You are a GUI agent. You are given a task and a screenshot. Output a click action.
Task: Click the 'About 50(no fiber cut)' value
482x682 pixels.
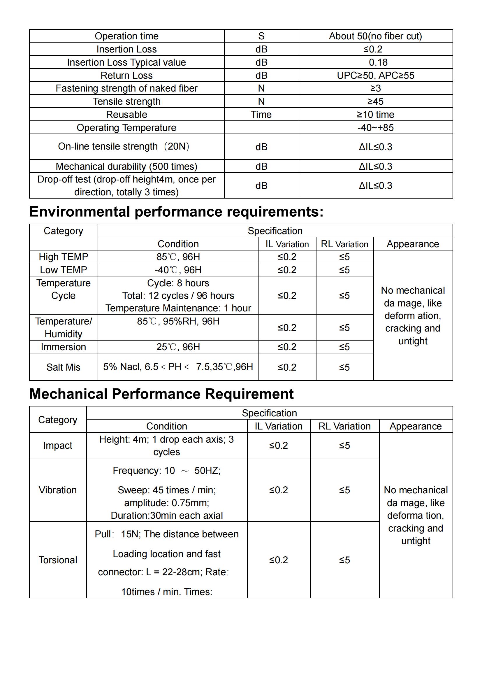point(375,36)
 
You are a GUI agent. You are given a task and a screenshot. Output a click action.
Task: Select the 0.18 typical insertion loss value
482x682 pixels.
point(378,62)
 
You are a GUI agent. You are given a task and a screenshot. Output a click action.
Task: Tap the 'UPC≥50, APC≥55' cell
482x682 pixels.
point(375,76)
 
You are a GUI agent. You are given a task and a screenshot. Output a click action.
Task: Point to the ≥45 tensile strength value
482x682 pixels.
point(375,101)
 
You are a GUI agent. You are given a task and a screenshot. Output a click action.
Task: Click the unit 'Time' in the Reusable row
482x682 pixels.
point(261,115)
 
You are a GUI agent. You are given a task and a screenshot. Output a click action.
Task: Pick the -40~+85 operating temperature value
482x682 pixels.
point(375,128)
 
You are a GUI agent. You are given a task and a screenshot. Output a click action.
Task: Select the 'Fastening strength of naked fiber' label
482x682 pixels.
point(126,89)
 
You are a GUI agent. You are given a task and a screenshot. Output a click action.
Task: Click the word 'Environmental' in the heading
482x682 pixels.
point(80,212)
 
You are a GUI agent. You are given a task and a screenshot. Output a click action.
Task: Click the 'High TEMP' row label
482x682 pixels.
point(64,257)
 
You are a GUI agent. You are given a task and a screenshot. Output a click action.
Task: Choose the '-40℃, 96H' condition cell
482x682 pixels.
point(178,270)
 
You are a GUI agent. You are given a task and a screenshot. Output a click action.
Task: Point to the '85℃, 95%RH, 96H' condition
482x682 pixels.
point(178,321)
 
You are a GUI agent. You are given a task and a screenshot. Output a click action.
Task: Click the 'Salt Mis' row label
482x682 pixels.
point(64,367)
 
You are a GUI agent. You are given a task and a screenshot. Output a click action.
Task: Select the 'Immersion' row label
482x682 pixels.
point(64,347)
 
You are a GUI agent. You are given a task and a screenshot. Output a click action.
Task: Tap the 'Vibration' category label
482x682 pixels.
point(58,490)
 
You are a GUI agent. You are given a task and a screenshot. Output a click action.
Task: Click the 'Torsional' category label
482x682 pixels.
point(58,560)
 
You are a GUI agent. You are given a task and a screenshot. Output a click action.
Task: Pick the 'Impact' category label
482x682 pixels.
point(58,446)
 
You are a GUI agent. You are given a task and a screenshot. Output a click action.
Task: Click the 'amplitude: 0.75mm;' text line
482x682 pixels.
point(166,503)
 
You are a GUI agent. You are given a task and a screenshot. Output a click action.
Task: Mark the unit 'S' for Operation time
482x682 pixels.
point(261,36)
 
